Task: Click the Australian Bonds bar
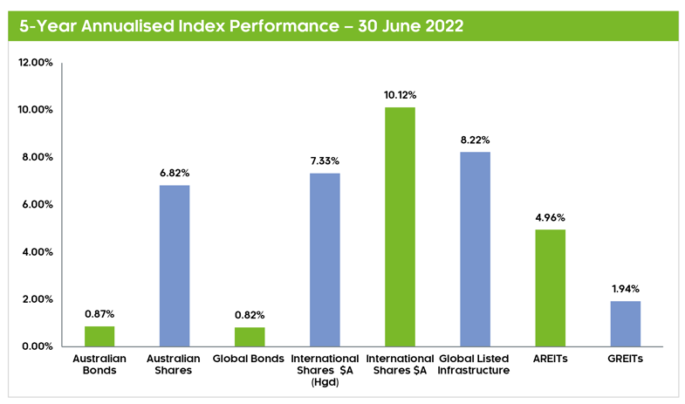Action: [x=99, y=336]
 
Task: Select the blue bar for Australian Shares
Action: [x=175, y=265]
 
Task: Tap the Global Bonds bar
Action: [x=250, y=337]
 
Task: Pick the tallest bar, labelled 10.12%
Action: [x=400, y=227]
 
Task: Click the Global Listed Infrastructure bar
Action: [x=475, y=249]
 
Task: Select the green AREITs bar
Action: [x=550, y=288]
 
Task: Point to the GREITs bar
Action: [x=625, y=324]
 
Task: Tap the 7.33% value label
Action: [x=325, y=161]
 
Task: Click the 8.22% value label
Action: [x=475, y=140]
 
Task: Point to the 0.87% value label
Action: [x=99, y=314]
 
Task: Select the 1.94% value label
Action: [x=625, y=289]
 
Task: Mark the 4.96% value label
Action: [x=550, y=217]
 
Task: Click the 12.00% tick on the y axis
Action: [x=36, y=63]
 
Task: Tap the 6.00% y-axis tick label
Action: [x=38, y=205]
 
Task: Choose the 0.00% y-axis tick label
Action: [x=38, y=347]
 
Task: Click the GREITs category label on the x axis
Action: [x=625, y=359]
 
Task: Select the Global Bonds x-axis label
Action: [x=250, y=359]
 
